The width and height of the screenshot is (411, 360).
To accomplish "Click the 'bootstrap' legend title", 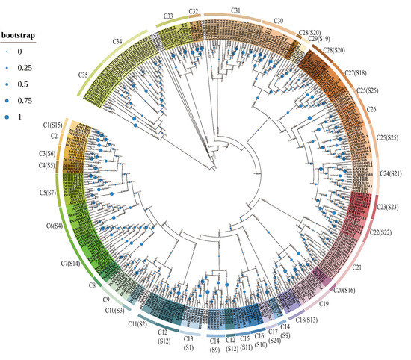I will tap(20, 35).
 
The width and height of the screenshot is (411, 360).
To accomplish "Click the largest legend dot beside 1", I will tap(9, 117).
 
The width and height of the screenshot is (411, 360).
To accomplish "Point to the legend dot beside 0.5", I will tap(9, 83).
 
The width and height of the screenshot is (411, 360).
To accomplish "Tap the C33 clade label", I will tap(168, 15).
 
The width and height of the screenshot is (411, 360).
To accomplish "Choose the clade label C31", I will tap(235, 11).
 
